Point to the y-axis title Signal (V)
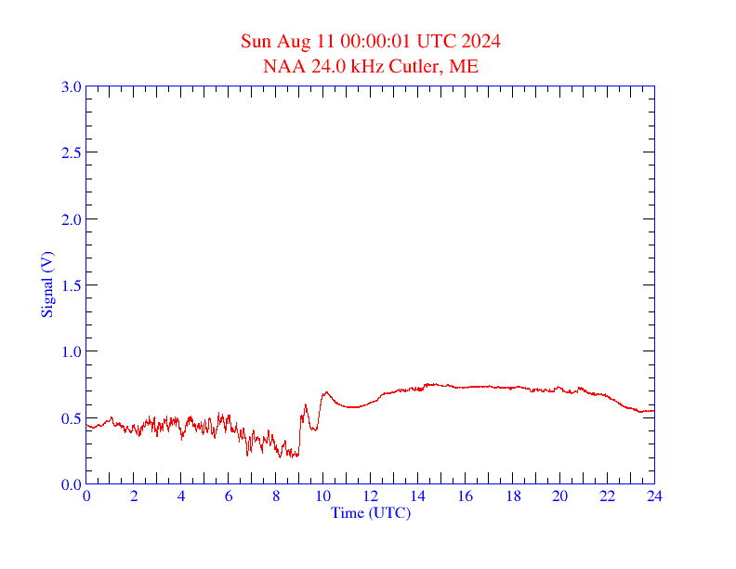46,284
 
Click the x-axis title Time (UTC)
370,512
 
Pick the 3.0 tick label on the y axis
71,86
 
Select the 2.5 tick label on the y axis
71,152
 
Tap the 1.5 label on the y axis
71,285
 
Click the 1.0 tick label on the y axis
71,351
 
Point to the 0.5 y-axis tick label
71,418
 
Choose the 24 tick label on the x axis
654,496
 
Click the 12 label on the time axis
371,496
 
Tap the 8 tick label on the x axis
276,496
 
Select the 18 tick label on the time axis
513,496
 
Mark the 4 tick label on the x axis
181,496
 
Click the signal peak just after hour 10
326,392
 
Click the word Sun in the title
256,41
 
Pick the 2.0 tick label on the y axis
71,219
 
